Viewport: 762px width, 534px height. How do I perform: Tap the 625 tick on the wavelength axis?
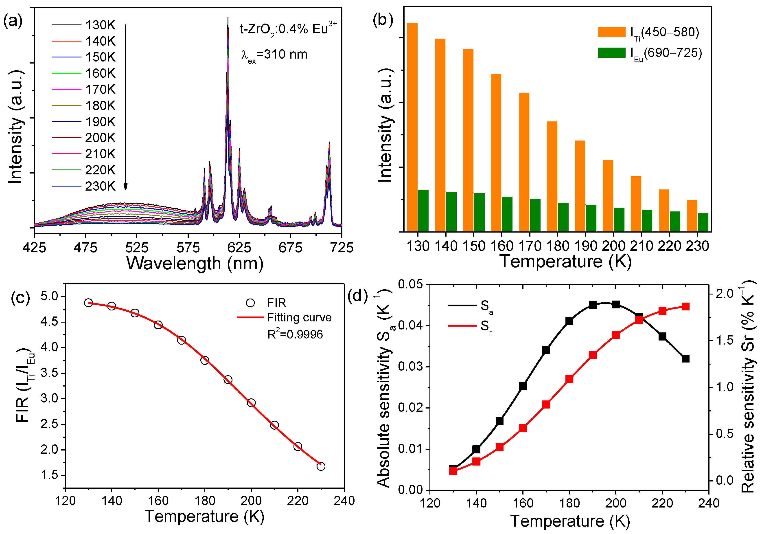239,247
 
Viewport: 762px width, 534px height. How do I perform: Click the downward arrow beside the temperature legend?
125,106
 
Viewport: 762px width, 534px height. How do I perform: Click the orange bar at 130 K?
412,128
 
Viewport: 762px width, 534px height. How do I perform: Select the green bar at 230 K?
703,222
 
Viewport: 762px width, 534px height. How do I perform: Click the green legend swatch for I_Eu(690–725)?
611,53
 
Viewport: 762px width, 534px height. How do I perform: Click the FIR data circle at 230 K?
321,466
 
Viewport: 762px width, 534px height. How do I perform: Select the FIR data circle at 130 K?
88,303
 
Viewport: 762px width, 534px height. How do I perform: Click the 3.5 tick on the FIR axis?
49,373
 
